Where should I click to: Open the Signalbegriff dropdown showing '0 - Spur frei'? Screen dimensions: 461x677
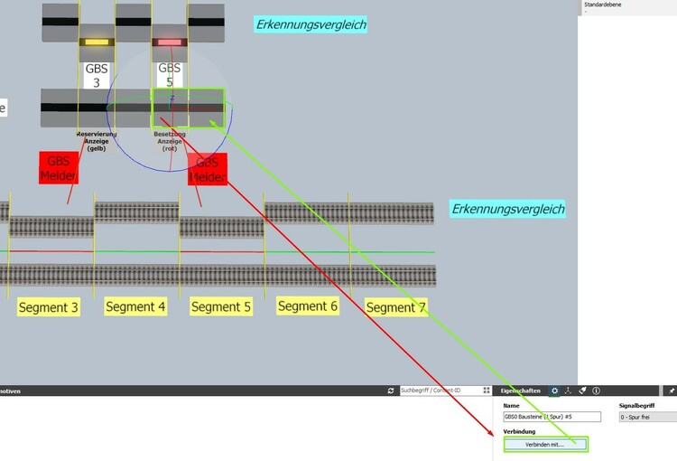[x=647, y=417]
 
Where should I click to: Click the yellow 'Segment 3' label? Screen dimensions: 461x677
[x=48, y=307]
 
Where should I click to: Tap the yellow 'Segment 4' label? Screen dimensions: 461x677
[x=135, y=306]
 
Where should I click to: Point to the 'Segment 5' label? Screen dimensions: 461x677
[x=221, y=306]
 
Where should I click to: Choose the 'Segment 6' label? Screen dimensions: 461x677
[x=308, y=306]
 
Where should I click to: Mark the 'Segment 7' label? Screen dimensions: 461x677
[x=395, y=307]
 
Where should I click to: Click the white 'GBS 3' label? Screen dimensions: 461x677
[x=97, y=75]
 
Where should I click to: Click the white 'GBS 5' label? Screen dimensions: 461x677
[x=169, y=75]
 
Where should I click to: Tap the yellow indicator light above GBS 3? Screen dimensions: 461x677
[x=95, y=42]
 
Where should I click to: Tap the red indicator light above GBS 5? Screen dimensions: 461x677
[x=168, y=42]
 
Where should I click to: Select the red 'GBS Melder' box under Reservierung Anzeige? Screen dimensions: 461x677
[x=59, y=167]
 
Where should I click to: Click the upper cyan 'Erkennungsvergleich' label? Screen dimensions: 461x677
[x=311, y=24]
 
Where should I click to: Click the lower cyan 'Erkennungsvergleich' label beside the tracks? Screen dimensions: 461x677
[x=508, y=209]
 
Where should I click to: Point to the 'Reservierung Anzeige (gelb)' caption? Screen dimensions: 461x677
[x=97, y=141]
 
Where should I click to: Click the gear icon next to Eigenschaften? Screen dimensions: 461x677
[x=554, y=390]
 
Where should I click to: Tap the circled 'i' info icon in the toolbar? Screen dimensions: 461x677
[x=597, y=390]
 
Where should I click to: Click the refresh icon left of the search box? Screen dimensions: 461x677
[x=390, y=390]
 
